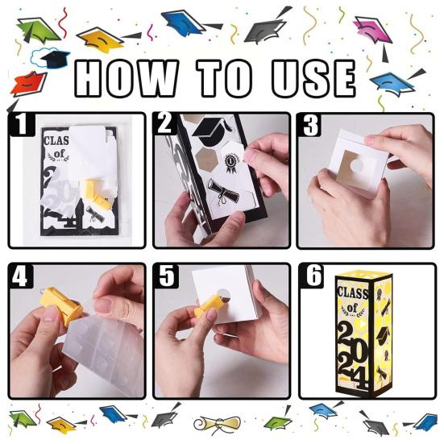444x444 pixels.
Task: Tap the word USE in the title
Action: click(x=313, y=78)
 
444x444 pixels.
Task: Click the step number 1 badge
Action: click(x=22, y=124)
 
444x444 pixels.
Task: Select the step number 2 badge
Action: click(x=166, y=124)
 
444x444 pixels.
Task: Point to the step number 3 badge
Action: click(x=310, y=125)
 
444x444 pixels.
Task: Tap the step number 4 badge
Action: click(x=21, y=276)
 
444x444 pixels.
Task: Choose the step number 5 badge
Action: click(x=167, y=276)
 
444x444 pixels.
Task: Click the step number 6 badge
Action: click(x=312, y=276)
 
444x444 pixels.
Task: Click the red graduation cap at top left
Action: click(x=28, y=84)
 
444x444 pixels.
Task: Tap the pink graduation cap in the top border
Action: click(x=372, y=31)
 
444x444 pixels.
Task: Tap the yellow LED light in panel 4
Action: click(x=60, y=305)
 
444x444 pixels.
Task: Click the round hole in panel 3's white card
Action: click(x=359, y=165)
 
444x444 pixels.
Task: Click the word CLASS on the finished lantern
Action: click(x=352, y=293)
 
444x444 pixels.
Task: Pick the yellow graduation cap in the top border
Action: click(x=100, y=39)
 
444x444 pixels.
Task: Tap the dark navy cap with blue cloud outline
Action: click(x=51, y=58)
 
